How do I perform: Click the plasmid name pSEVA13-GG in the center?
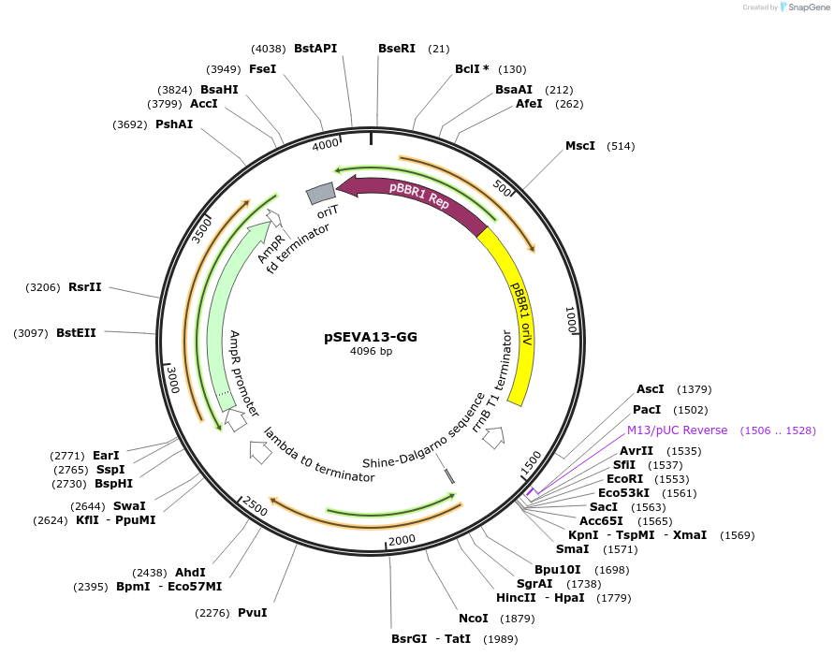371,337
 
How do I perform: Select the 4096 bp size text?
371,352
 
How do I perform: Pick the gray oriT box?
321,193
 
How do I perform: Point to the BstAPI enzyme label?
315,48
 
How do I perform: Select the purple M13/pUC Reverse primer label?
677,430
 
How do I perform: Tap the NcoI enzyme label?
474,619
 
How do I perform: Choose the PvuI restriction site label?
252,613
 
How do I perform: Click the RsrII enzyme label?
84,287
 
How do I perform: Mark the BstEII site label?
76,333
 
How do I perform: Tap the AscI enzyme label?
650,389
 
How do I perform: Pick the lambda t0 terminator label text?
318,456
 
